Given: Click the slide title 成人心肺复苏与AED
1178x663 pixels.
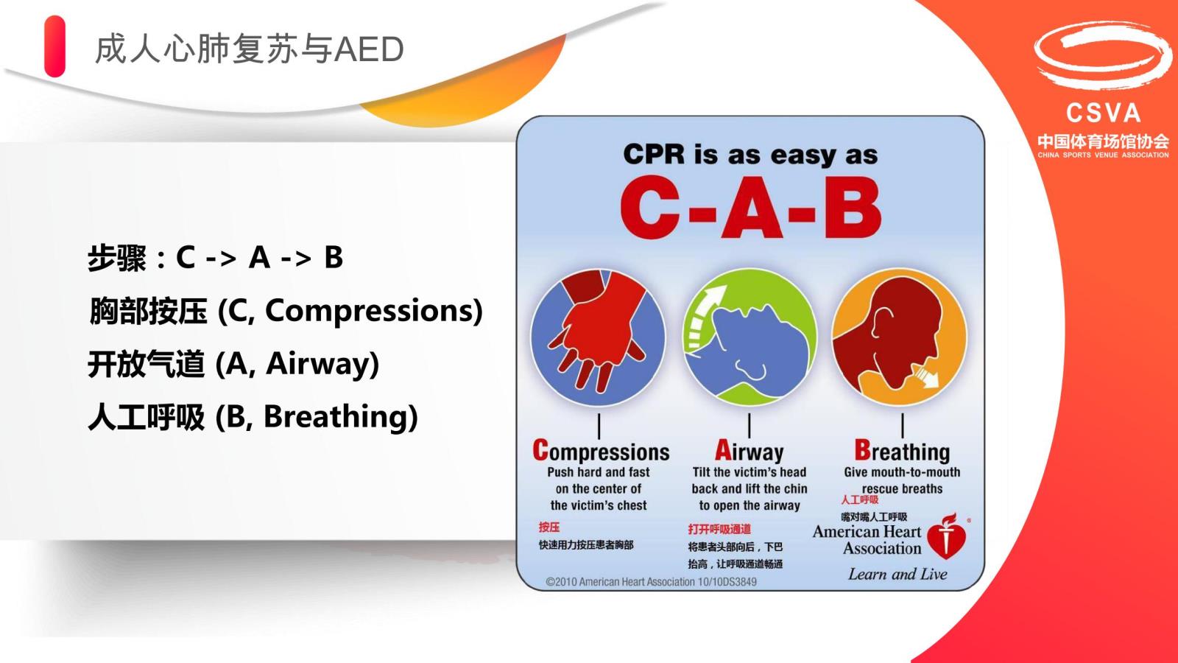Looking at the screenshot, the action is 250,49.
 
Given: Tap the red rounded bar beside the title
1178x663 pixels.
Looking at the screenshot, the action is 54,46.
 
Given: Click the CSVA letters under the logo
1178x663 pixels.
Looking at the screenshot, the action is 1104,113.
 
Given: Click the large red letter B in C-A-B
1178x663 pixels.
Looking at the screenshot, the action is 852,207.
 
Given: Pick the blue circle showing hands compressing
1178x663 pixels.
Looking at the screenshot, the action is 598,337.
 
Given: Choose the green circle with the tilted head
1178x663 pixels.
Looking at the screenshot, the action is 750,337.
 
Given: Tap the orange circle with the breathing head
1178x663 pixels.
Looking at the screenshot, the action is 899,337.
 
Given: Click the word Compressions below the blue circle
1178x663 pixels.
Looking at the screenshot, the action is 601,451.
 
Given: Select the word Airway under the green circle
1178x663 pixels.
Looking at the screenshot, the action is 749,451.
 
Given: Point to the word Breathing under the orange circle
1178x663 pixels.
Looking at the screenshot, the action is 902,451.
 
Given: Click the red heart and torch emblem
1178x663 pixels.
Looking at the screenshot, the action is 947,537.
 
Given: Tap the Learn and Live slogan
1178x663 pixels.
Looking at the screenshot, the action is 897,574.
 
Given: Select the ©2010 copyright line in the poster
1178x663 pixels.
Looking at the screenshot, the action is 651,582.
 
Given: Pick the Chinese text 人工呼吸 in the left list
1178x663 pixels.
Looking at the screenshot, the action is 147,417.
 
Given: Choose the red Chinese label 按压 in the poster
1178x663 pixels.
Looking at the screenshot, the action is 549,527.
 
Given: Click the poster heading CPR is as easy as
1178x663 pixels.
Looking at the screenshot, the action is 750,155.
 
